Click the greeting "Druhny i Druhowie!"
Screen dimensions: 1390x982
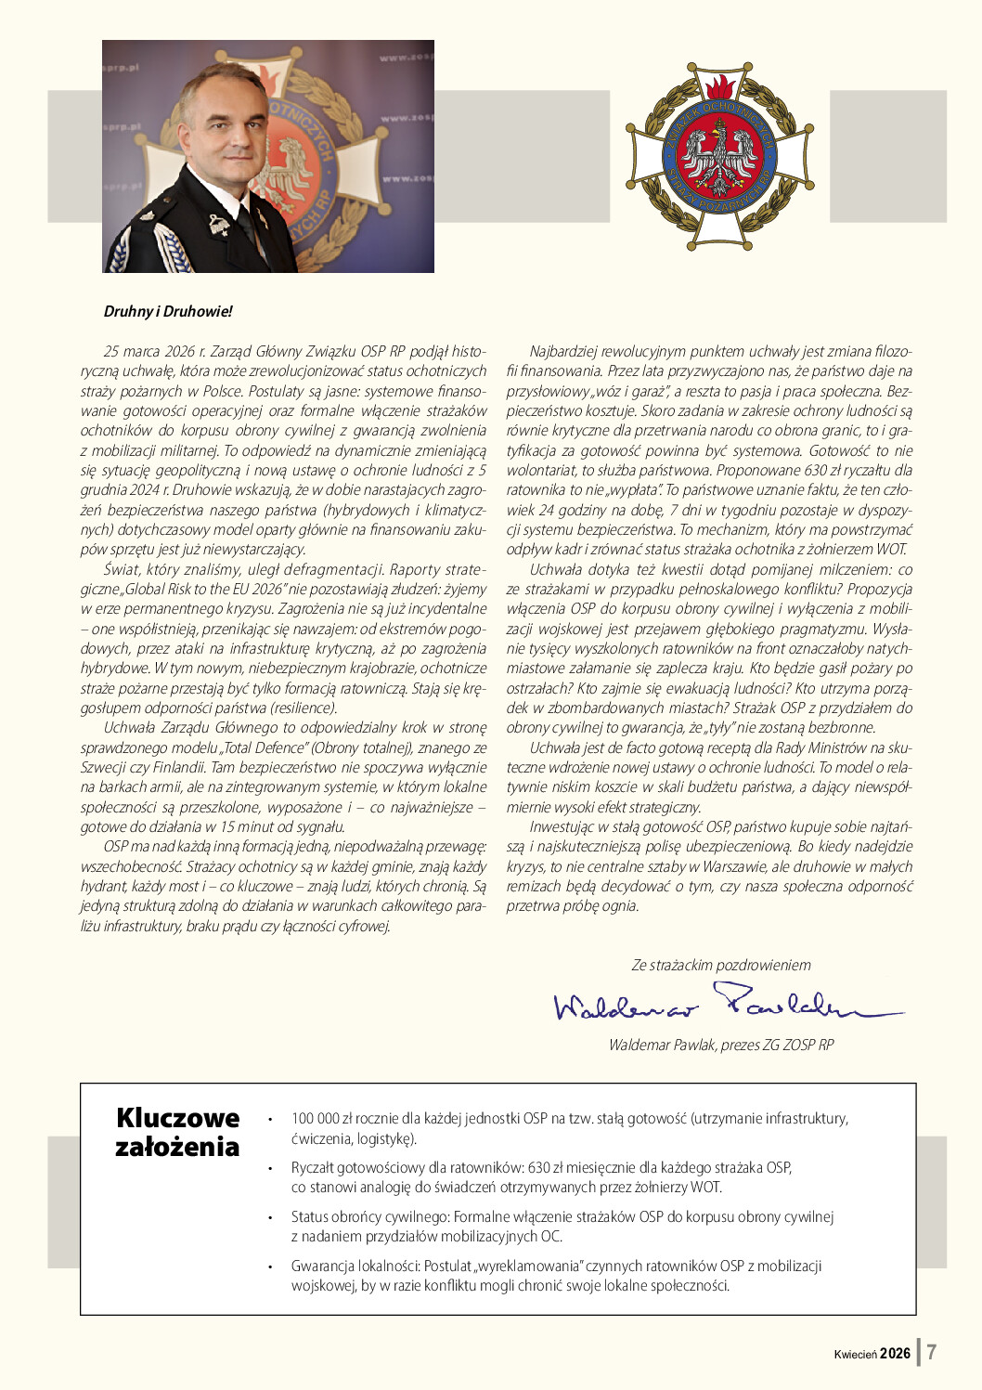tap(168, 311)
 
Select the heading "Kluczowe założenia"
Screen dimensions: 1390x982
tap(177, 1132)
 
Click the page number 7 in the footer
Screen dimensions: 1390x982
tap(932, 1352)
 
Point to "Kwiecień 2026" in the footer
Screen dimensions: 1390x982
tap(872, 1354)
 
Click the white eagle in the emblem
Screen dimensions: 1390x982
tap(719, 154)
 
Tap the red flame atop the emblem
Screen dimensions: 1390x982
tap(719, 87)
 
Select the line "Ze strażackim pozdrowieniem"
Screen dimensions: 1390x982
tap(721, 965)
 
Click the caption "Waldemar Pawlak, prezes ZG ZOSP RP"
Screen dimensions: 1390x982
tap(721, 1045)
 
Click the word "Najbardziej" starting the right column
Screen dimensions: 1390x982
tap(562, 351)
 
